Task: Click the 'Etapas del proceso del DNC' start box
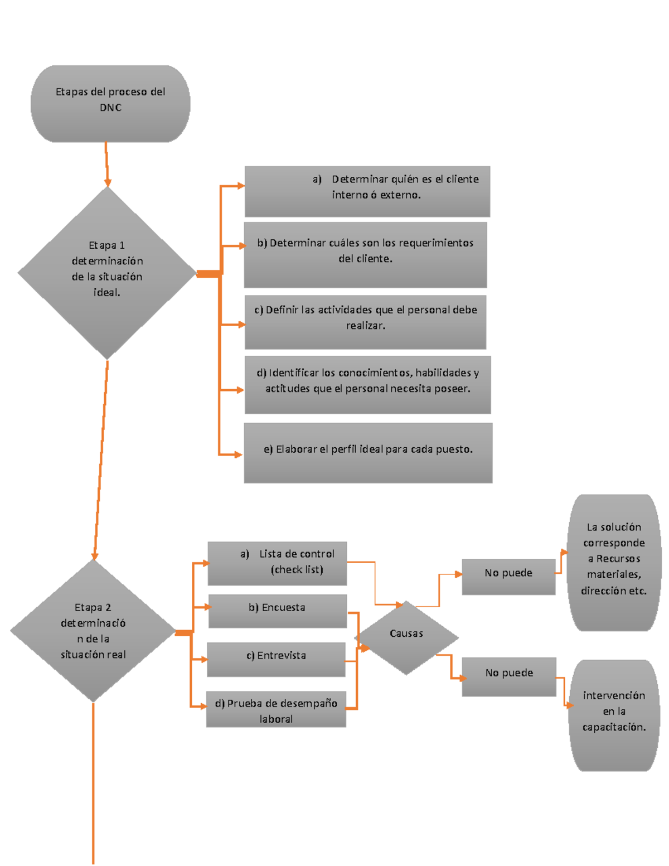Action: (110, 104)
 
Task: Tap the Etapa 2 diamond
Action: (93, 631)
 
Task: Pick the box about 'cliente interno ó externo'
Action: (367, 191)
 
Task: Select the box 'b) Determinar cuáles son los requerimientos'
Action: (365, 255)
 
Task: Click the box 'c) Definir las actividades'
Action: (365, 322)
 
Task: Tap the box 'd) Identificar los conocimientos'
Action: (367, 385)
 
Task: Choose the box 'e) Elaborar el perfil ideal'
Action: (368, 452)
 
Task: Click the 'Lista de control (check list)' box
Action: (277, 563)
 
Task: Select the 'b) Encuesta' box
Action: (277, 611)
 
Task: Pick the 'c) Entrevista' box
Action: (276, 659)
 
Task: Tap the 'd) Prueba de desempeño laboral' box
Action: (276, 709)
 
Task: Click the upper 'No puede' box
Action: (508, 577)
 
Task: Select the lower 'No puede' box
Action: (509, 676)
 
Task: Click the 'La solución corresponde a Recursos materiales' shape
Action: (614, 562)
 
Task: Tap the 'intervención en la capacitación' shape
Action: (614, 715)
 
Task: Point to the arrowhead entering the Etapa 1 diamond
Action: (108, 182)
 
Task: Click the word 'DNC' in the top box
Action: (110, 108)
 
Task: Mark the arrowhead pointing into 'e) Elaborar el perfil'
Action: (238, 454)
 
